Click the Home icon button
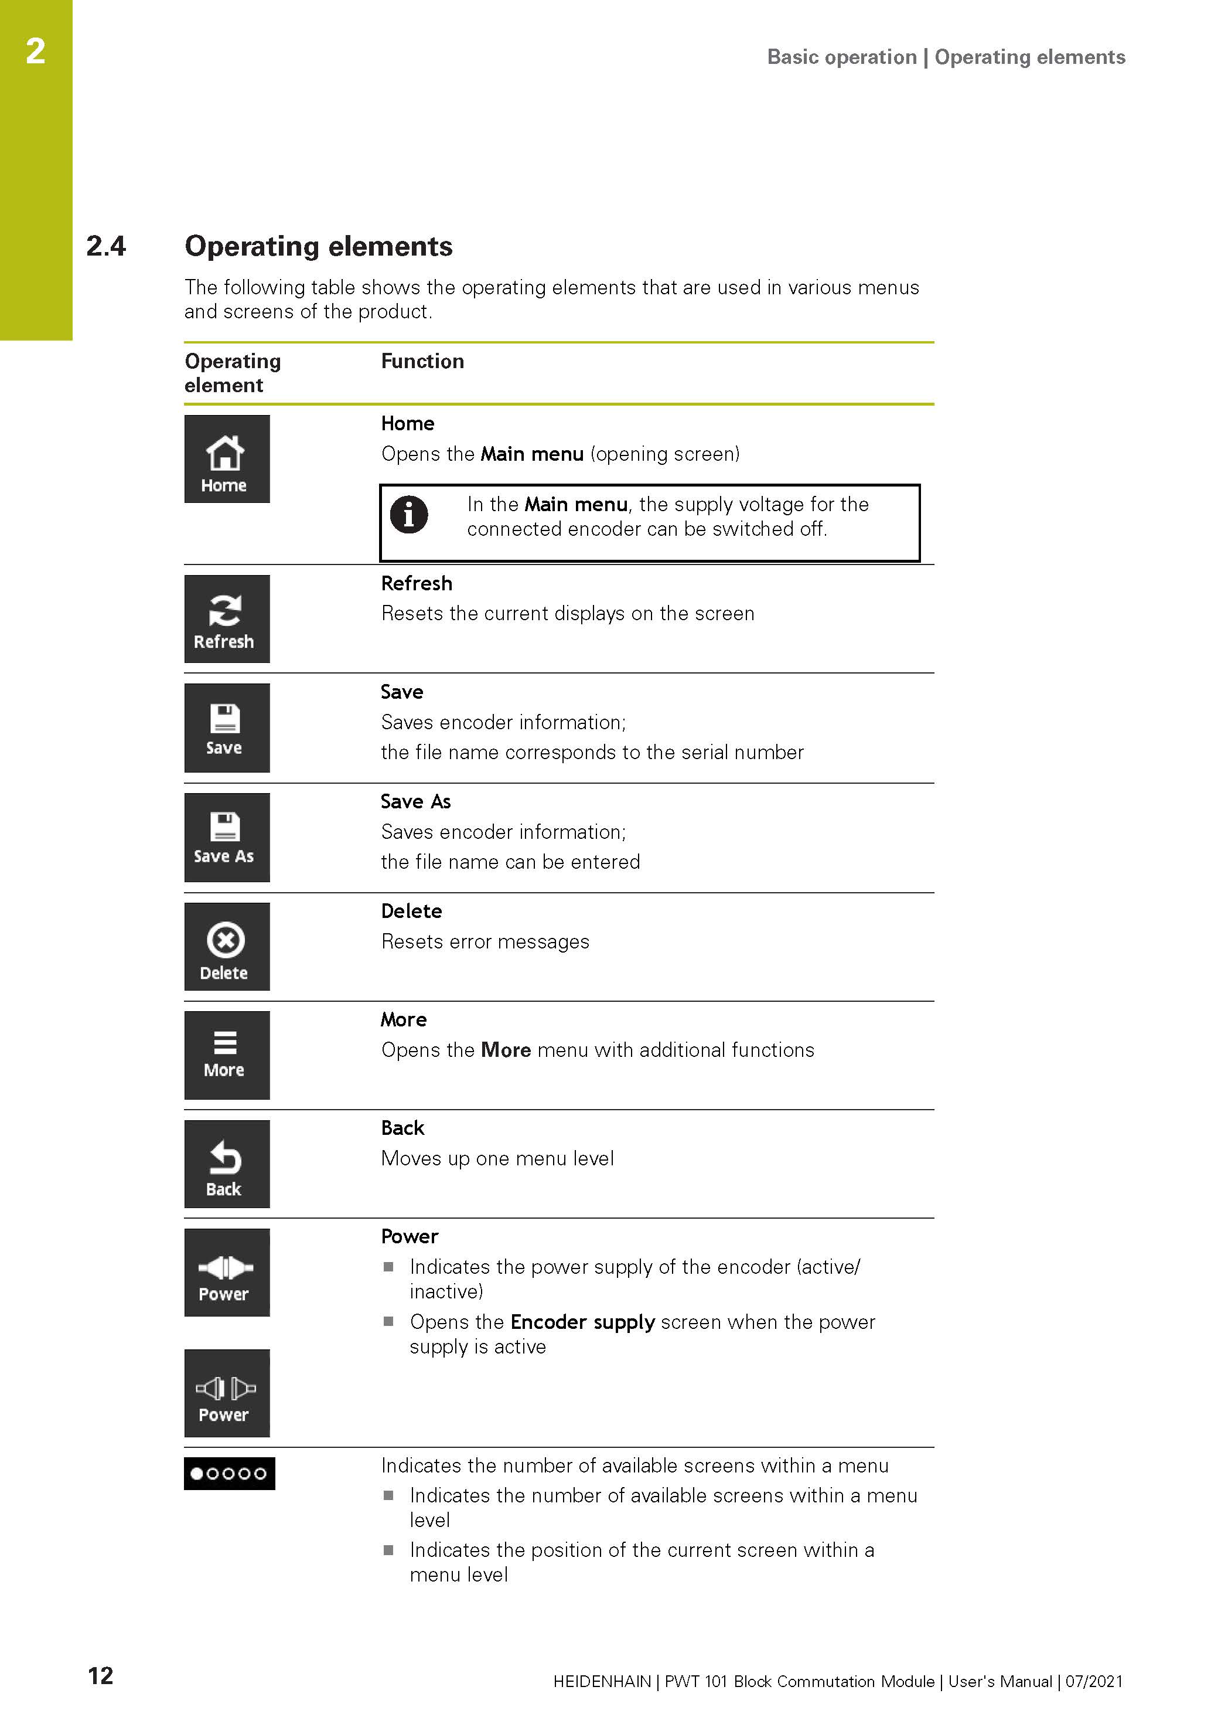click(227, 458)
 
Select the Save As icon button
click(227, 837)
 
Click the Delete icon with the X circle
click(227, 946)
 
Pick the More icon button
click(227, 1054)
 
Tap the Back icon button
click(227, 1163)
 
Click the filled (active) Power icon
click(227, 1272)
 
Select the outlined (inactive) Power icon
click(227, 1392)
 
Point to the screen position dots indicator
click(229, 1473)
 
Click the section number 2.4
click(106, 246)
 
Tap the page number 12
click(101, 1675)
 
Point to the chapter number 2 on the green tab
click(36, 51)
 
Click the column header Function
click(422, 361)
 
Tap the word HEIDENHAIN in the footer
click(601, 1681)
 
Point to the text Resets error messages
click(485, 941)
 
